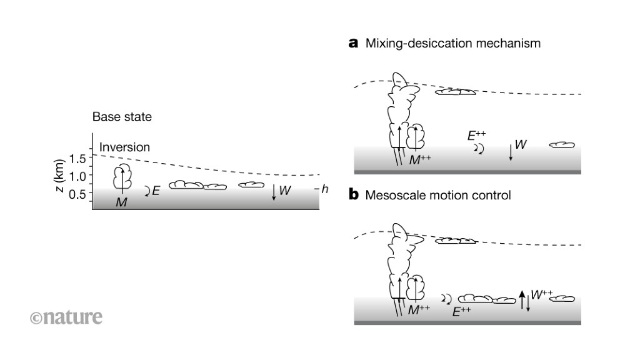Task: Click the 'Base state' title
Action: coord(122,117)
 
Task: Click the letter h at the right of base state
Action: coord(324,189)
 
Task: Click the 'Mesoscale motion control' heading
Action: coord(437,195)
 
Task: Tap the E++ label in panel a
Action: coord(476,135)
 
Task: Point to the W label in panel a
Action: coord(520,145)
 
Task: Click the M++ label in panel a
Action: coord(420,159)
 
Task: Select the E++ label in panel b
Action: coord(461,311)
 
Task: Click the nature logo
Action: coord(66,317)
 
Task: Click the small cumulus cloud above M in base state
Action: coord(122,177)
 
